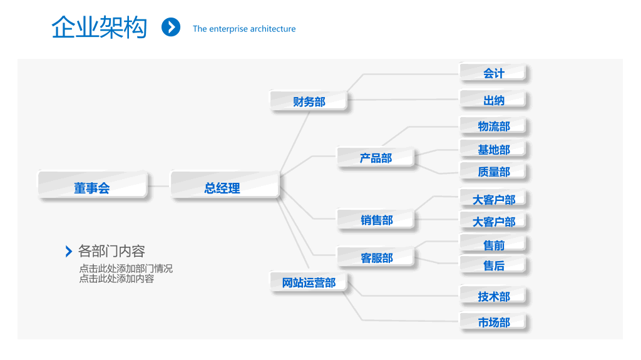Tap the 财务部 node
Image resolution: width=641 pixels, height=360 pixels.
point(309,101)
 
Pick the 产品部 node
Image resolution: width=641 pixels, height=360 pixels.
point(376,157)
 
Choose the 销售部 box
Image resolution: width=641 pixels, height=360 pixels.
point(376,219)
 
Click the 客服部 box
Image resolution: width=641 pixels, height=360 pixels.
point(376,257)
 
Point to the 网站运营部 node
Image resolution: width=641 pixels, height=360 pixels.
point(309,282)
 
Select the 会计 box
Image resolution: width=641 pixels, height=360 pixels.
point(493,73)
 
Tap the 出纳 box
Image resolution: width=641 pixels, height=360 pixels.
point(493,100)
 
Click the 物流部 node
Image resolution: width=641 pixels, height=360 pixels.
point(493,126)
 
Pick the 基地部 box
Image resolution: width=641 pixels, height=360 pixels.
point(493,149)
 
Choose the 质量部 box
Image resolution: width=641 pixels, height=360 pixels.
point(493,172)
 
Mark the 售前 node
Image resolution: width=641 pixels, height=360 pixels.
point(493,244)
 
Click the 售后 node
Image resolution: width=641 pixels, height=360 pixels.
point(493,265)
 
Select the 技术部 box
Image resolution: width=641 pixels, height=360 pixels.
point(493,296)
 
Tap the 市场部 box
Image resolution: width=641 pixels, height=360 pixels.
point(493,322)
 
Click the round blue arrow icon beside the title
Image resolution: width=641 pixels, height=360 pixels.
point(171,27)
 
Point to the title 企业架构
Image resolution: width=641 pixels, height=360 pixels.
point(99,28)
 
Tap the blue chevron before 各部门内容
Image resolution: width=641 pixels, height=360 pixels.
point(69,251)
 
